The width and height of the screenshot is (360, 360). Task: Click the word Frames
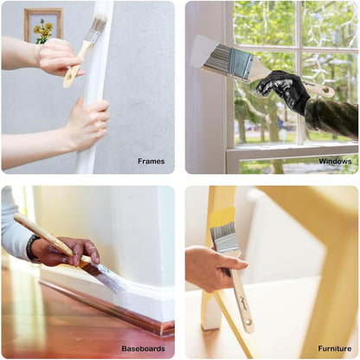[151, 161]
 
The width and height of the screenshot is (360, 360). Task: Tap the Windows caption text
[335, 161]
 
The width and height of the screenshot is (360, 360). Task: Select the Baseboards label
[143, 349]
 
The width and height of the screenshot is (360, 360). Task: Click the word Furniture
[335, 349]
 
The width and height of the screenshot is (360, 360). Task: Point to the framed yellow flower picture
[43, 26]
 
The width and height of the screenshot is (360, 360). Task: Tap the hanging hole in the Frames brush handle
[68, 77]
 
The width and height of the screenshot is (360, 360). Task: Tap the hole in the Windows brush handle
[326, 90]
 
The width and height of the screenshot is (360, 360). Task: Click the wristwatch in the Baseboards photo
[30, 248]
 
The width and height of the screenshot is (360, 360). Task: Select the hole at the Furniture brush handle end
[248, 322]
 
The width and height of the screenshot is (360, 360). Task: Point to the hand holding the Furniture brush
[215, 269]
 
